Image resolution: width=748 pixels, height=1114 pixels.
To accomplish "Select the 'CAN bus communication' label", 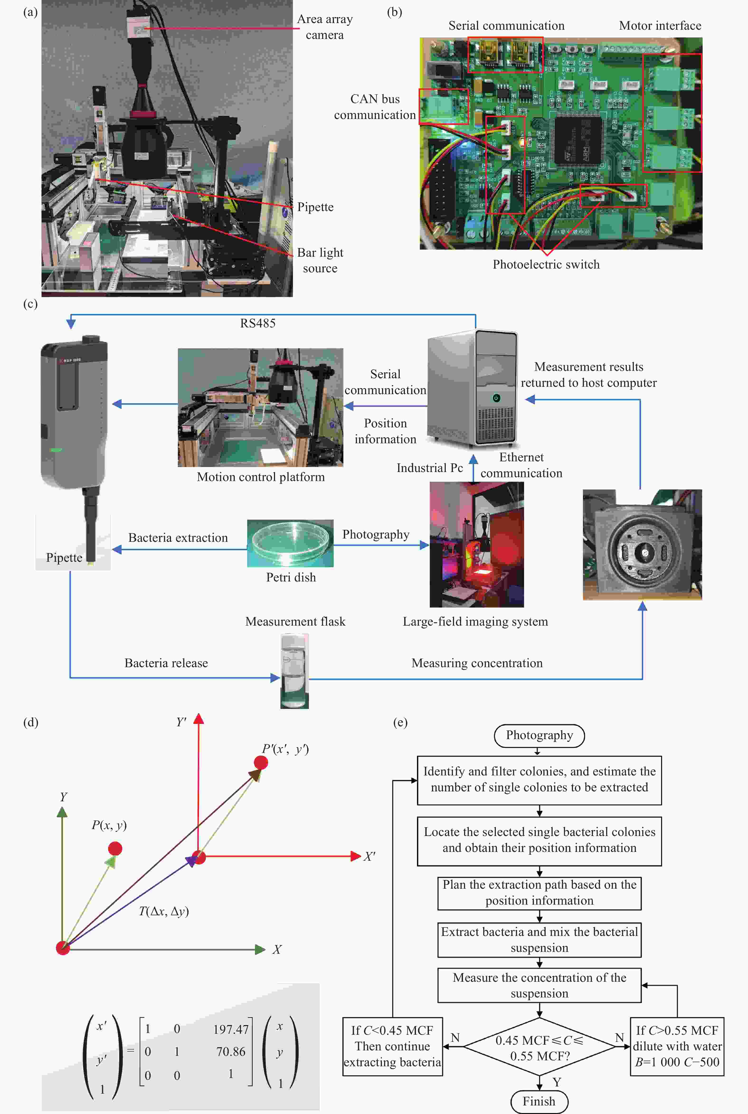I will (375, 107).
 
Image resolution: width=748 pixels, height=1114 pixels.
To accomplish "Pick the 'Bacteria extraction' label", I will (178, 538).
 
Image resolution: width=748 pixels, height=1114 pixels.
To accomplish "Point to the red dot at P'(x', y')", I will (260, 762).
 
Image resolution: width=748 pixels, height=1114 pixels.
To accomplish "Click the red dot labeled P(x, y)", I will (115, 848).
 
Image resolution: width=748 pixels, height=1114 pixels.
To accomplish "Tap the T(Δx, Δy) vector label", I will (164, 911).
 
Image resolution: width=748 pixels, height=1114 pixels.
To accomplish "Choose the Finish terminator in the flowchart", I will (539, 1101).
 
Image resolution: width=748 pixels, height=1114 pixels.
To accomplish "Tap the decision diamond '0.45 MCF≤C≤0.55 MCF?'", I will (540, 1047).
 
